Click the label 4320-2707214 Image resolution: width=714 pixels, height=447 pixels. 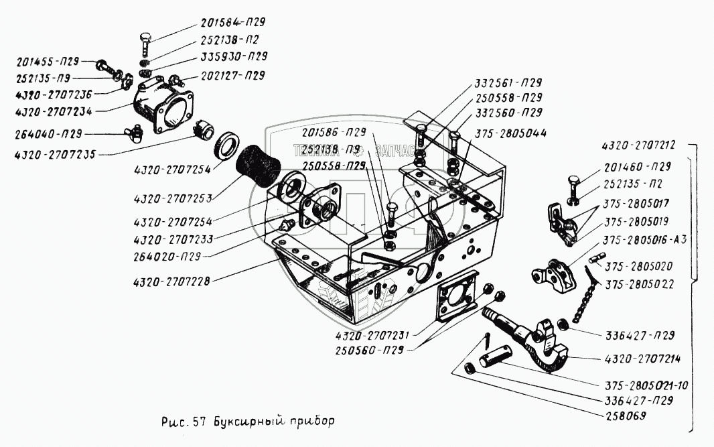[x=642, y=359]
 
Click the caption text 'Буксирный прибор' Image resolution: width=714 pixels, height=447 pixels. [x=274, y=423]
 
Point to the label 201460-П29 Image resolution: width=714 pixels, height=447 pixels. [x=636, y=166]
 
